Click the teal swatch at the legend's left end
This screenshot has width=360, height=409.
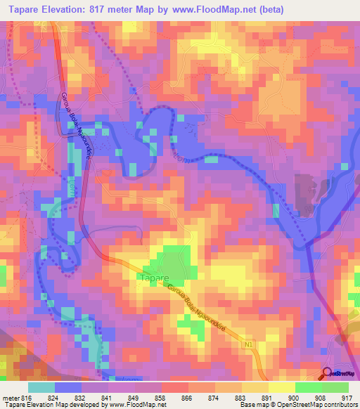coord(41,387)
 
